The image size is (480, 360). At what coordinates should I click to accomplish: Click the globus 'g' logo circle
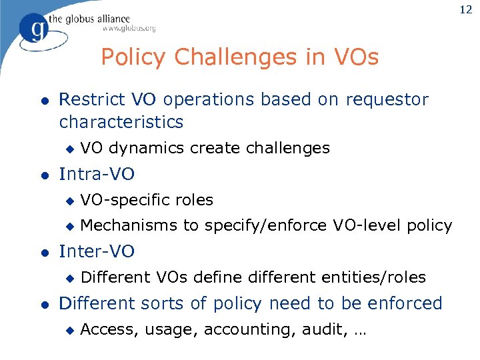pos(34,29)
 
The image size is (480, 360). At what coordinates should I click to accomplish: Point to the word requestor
pos(387,100)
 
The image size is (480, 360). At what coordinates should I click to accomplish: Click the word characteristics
pos(121,122)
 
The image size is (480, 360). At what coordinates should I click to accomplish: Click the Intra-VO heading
pos(97,175)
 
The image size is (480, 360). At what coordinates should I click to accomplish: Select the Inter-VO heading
pos(97,251)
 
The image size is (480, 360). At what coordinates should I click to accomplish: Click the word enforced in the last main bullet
pos(405,303)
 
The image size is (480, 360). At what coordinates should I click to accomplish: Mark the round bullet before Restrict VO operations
pos(43,101)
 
